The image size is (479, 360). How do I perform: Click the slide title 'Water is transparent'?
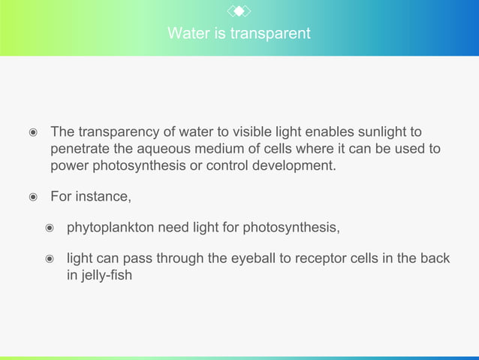(x=239, y=34)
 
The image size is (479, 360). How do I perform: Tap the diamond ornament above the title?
(x=239, y=11)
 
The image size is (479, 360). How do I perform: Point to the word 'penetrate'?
(x=79, y=149)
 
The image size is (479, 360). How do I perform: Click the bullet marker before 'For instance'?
(x=33, y=198)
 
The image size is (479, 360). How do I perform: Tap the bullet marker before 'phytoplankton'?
(x=50, y=228)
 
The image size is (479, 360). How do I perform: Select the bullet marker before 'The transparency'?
(x=33, y=133)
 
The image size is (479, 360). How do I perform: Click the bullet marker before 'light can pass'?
(x=50, y=259)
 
